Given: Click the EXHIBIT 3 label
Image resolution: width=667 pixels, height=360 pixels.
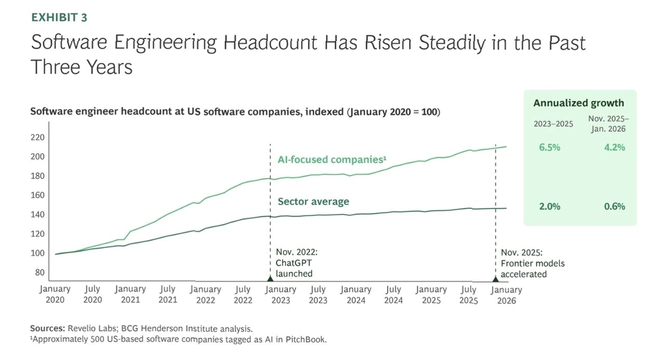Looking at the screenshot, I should (59, 17).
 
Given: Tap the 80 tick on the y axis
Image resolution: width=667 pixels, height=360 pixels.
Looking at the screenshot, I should (40, 272).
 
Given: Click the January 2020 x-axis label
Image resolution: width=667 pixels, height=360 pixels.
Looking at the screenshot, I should (55, 295).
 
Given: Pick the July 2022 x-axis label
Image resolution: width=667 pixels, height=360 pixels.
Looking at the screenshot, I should (243, 295).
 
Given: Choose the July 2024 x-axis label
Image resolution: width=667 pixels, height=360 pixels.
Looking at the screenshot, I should (394, 295).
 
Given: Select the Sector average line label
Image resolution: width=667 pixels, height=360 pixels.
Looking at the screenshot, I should (313, 202).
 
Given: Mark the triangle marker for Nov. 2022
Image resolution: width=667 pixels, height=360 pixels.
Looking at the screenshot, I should (270, 279).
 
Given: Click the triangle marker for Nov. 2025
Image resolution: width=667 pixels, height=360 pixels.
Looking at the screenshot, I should (495, 279).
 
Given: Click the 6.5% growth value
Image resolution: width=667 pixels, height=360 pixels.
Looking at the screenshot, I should (550, 147).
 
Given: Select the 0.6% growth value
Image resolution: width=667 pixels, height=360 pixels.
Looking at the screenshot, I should (614, 206).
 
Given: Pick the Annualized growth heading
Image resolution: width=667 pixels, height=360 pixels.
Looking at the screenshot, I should (578, 103).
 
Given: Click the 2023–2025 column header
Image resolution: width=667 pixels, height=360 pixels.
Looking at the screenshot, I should (553, 124).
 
